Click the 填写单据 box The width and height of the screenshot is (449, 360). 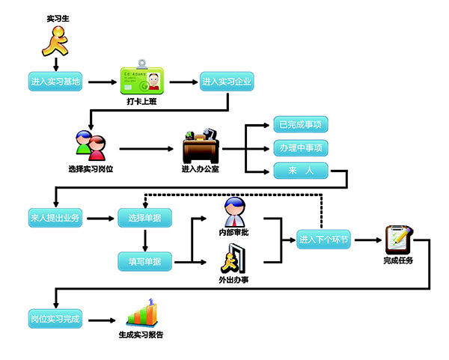click(x=144, y=260)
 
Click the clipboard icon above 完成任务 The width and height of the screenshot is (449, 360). click(x=397, y=239)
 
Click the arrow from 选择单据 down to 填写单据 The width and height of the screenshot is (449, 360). click(x=144, y=240)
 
